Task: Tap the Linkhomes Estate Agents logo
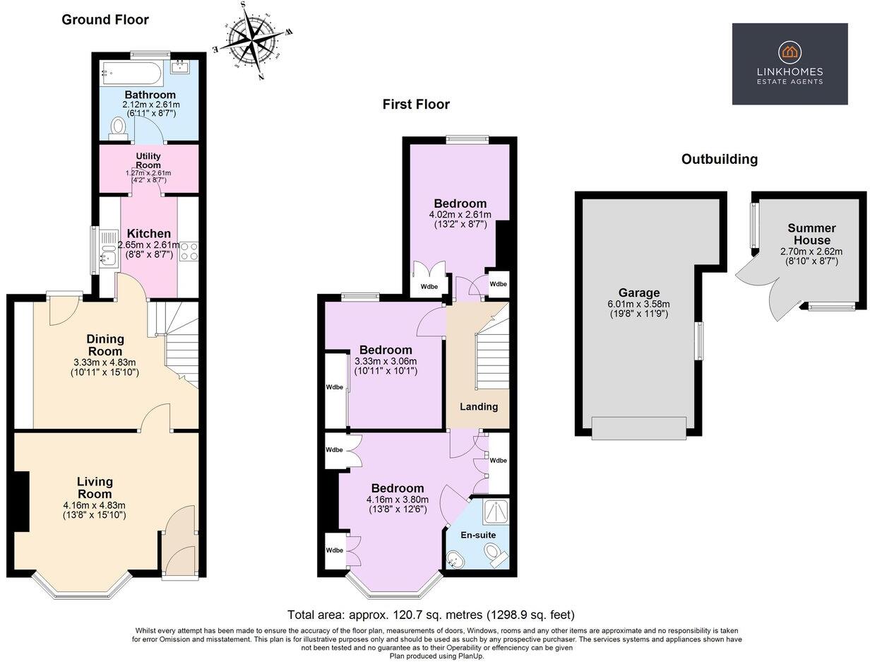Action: click(x=789, y=64)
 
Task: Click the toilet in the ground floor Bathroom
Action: click(x=119, y=127)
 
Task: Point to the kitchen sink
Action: click(x=107, y=250)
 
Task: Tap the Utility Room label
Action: click(x=148, y=160)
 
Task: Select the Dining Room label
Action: click(x=105, y=345)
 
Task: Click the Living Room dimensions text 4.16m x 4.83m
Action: click(x=94, y=505)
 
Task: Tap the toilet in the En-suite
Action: click(x=499, y=557)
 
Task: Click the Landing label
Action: click(x=479, y=406)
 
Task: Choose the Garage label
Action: click(x=639, y=292)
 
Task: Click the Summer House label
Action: click(x=811, y=233)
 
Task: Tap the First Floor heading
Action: click(x=416, y=105)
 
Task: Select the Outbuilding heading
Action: click(x=719, y=159)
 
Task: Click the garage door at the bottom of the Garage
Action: click(x=638, y=428)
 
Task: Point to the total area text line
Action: click(x=431, y=615)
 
